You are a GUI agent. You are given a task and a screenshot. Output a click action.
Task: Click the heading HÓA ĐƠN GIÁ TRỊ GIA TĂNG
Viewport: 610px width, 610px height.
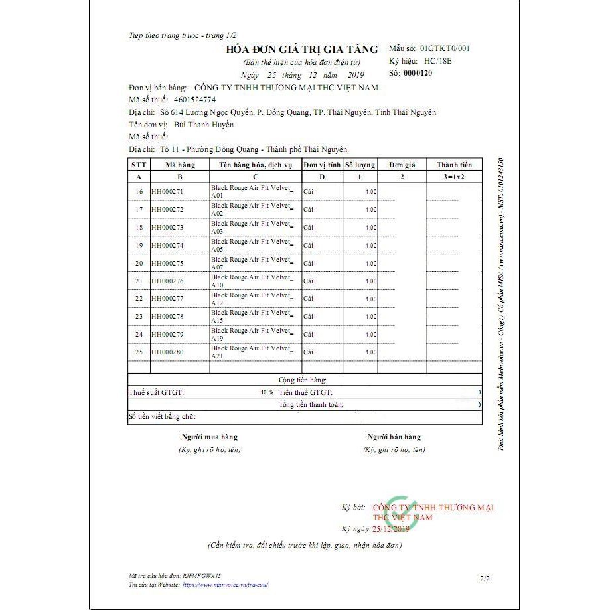301,50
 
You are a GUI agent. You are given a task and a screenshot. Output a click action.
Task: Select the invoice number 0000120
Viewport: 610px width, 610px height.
418,73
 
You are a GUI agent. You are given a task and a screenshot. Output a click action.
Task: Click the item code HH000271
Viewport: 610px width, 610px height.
167,192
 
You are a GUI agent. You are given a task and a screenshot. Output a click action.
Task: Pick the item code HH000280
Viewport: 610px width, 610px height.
167,352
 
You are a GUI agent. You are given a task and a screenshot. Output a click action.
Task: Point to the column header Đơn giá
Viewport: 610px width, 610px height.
402,165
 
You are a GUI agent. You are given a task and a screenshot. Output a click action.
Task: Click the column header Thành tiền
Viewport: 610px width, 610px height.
454,165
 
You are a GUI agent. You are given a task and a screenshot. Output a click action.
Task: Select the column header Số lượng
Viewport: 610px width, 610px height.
360,165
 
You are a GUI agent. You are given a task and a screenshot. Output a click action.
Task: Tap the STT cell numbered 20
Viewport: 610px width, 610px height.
139,263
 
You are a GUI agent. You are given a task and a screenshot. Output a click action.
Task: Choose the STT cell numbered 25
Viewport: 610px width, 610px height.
139,352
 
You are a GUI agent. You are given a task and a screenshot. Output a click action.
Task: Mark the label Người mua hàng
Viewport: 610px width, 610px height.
210,437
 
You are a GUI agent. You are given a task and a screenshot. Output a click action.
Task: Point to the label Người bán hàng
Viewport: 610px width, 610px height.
394,437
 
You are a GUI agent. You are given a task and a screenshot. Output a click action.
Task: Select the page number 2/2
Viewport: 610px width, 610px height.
484,579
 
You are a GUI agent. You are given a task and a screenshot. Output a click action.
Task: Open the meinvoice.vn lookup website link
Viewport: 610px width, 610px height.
225,585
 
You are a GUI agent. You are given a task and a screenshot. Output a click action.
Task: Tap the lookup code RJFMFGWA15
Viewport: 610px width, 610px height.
200,578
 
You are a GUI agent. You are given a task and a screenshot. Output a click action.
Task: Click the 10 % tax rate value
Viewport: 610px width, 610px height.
267,392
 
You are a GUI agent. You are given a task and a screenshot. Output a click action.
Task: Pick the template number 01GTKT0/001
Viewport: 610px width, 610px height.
447,48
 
